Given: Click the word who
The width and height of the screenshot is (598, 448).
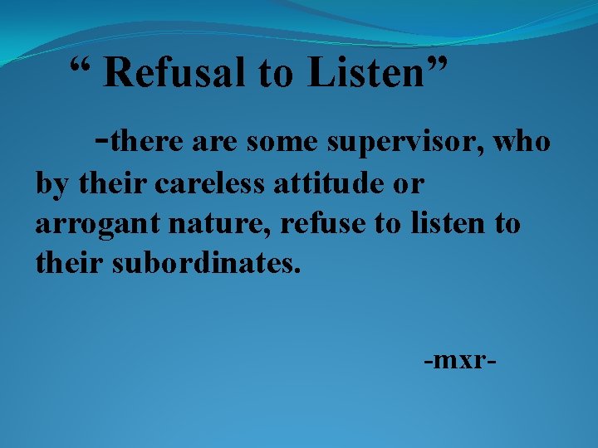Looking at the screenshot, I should pos(521,143).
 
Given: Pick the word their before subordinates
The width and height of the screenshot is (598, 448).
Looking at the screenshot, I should pos(67,264).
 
